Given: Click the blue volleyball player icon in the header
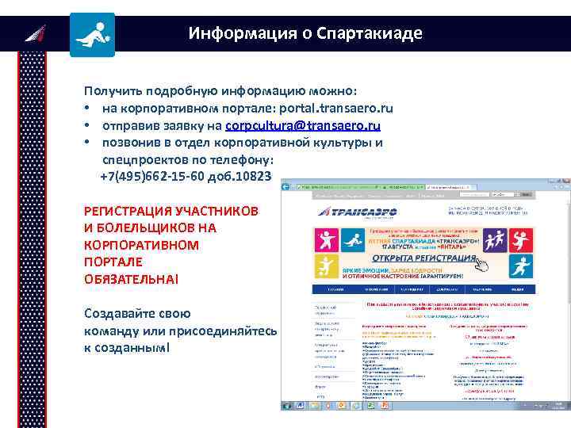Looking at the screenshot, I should point(92,34).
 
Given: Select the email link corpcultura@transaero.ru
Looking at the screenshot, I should point(303,126).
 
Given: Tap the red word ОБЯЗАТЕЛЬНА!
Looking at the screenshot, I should point(132,279).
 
